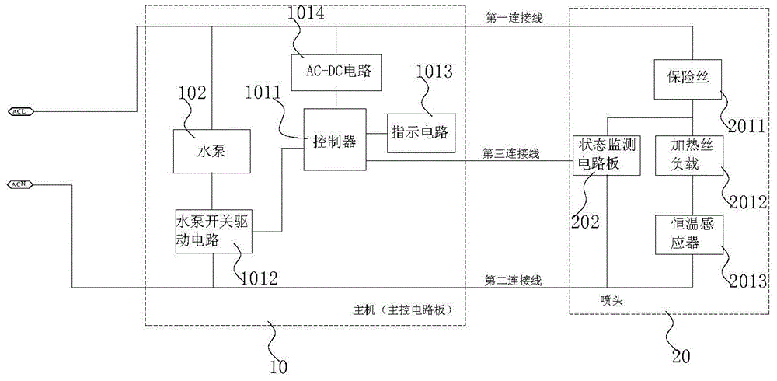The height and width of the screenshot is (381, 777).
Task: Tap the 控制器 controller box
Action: click(x=335, y=141)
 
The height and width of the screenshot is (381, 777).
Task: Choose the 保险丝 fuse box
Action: click(x=688, y=78)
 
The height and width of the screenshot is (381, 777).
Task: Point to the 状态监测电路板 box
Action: click(x=607, y=154)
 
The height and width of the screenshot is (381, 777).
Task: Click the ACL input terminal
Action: click(x=20, y=112)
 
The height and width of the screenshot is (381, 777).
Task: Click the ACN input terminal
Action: click(x=20, y=184)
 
